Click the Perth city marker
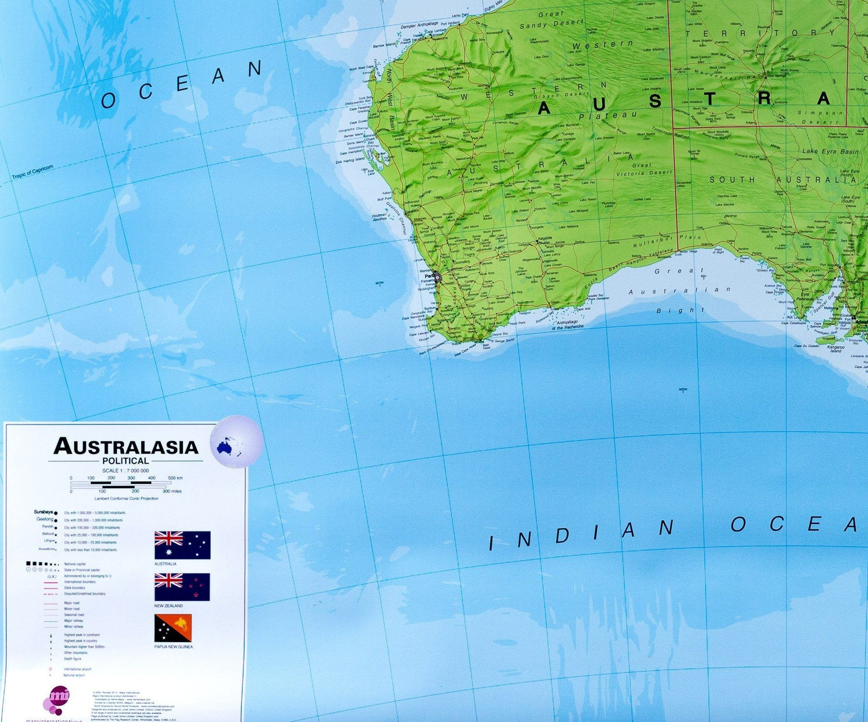[437, 277]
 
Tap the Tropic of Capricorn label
[32, 173]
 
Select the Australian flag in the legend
[182, 545]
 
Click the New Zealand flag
[182, 587]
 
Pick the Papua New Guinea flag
[173, 628]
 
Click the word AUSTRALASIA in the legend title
[126, 447]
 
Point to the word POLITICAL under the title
[126, 461]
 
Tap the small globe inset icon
[236, 441]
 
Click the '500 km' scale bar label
[175, 478]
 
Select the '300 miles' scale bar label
[172, 491]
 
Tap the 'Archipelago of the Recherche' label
[568, 324]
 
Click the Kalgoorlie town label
[545, 239]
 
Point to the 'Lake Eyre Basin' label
[830, 151]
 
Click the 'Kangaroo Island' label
[836, 349]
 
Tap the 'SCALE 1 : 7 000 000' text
[126, 471]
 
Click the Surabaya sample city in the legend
[43, 512]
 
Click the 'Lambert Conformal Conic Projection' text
[126, 498]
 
